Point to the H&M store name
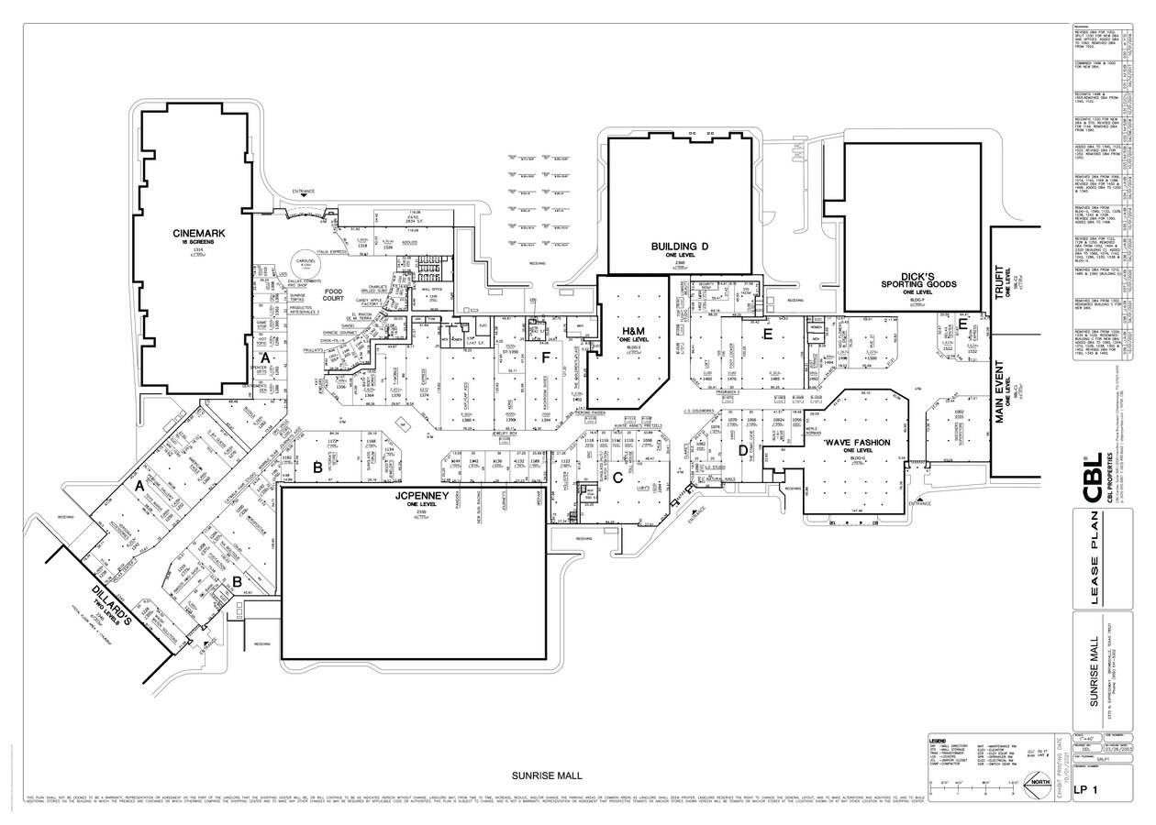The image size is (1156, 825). tap(633, 333)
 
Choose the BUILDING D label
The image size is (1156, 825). tap(680, 247)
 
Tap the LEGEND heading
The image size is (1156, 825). tap(938, 741)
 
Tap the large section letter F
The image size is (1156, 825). tap(545, 357)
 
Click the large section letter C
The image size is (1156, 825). tap(618, 477)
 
